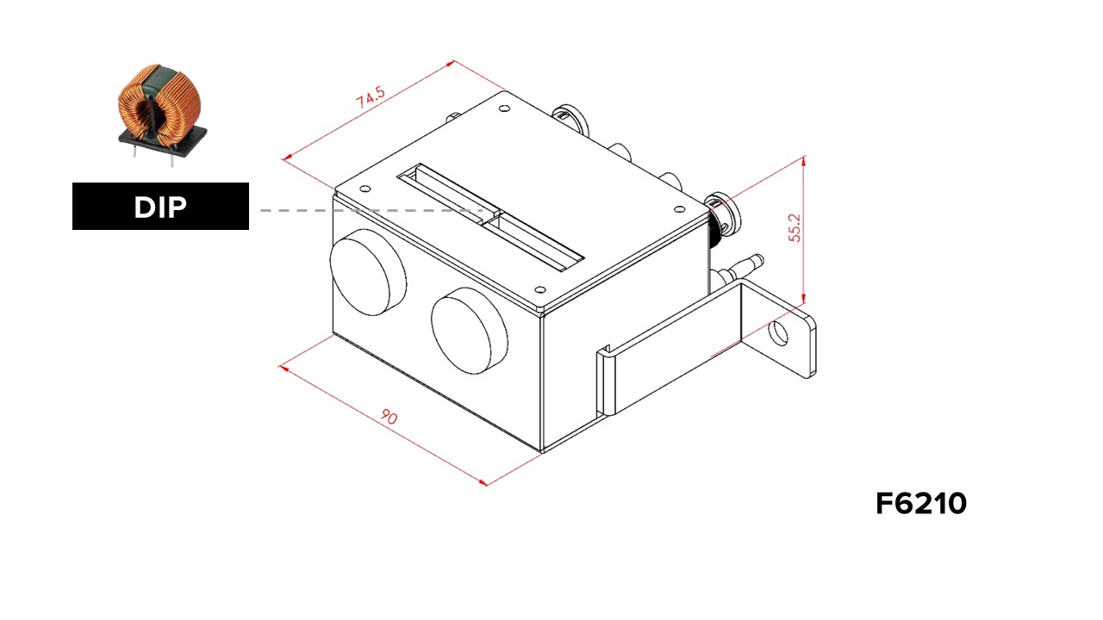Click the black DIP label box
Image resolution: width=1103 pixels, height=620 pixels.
click(x=160, y=206)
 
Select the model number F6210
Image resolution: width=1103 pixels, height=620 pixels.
click(x=921, y=504)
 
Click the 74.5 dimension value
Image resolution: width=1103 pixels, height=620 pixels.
click(x=371, y=97)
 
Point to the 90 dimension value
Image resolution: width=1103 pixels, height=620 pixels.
click(x=389, y=418)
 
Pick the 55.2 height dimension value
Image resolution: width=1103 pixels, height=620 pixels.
click(x=795, y=228)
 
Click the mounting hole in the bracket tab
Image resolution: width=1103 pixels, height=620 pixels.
click(x=778, y=333)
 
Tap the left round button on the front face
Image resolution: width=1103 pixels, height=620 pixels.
click(x=368, y=272)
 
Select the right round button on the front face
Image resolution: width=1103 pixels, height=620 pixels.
click(x=470, y=332)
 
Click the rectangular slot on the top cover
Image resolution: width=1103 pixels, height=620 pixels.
click(x=490, y=218)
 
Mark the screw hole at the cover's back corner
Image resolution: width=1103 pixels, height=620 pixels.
click(x=504, y=108)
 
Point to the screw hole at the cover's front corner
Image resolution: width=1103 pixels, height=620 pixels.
click(x=540, y=289)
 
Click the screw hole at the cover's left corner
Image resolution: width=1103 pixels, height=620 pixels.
click(x=365, y=189)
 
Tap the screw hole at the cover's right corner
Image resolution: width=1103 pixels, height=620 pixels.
click(x=679, y=209)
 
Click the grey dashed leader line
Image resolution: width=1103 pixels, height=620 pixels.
click(x=371, y=210)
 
